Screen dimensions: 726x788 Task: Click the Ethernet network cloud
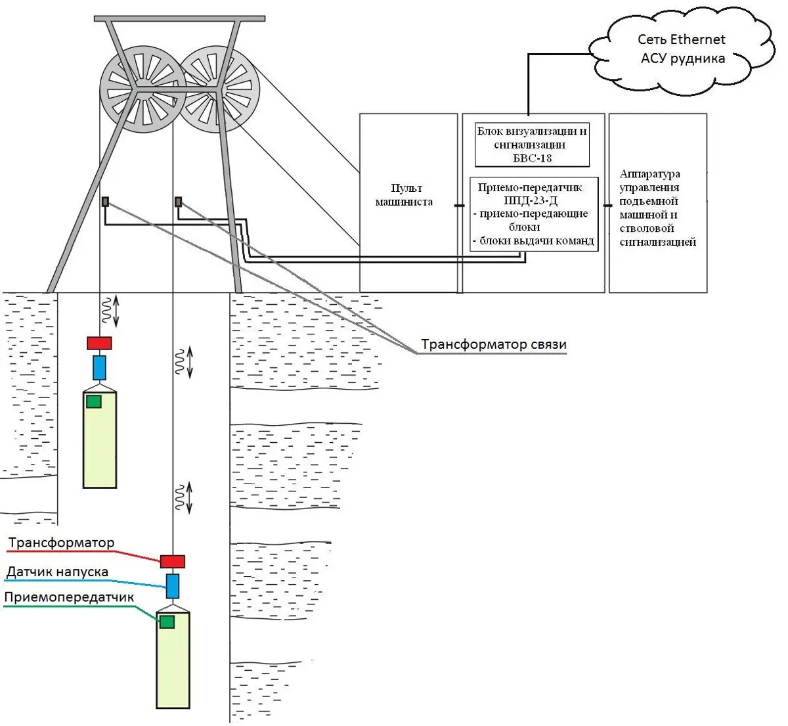(x=682, y=50)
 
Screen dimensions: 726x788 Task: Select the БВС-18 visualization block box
(x=532, y=144)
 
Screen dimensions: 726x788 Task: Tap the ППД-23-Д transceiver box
(x=533, y=214)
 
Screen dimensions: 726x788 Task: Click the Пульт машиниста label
(x=404, y=195)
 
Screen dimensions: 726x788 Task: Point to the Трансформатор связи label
(x=493, y=345)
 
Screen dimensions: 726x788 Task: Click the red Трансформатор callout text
(x=61, y=543)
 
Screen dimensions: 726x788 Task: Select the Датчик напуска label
(x=57, y=572)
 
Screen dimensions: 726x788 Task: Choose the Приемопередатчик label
(x=69, y=597)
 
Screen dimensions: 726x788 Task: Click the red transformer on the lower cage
(x=173, y=562)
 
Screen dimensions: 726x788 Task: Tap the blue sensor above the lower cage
(x=173, y=585)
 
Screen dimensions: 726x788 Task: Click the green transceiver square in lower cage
(x=167, y=622)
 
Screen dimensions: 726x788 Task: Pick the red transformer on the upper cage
(x=99, y=343)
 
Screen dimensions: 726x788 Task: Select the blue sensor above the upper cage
(x=99, y=367)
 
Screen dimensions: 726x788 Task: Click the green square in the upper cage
(x=94, y=401)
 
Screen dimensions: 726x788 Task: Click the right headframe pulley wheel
(x=220, y=89)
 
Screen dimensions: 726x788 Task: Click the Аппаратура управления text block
(x=657, y=208)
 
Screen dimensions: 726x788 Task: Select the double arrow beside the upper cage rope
(x=117, y=311)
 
